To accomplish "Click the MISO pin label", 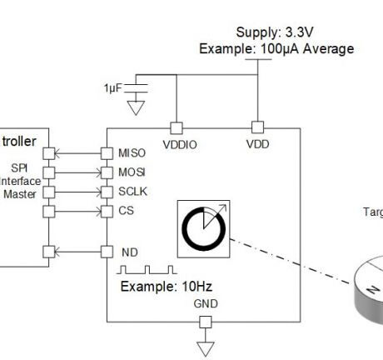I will pos(132,153).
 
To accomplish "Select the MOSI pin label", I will pos(132,172).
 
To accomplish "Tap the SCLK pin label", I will pos(132,192).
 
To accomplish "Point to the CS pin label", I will pos(126,210).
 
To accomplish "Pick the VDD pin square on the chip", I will pos(257,127).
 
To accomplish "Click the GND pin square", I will pos(206,322).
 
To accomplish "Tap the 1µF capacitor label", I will pos(112,87).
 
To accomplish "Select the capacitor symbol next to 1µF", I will pos(138,87).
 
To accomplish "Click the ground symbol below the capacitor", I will pos(138,107).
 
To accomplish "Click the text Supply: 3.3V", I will pos(275,32).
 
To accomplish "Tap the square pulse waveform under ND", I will pos(147,270).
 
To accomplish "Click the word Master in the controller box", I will pos(18,194).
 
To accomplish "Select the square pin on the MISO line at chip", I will pos(106,153).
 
